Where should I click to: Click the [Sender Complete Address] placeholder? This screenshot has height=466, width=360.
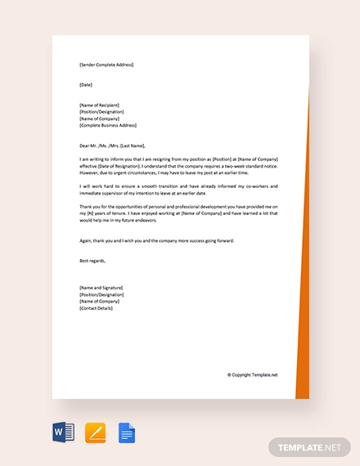pyautogui.click(x=106, y=65)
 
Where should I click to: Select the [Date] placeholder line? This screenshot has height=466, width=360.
pyautogui.click(x=86, y=84)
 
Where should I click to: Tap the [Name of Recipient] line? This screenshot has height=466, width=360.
pyautogui.click(x=101, y=105)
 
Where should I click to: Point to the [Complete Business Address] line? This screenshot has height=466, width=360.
pyautogui.click(x=108, y=125)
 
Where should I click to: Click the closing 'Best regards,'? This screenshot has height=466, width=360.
pyautogui.click(x=92, y=260)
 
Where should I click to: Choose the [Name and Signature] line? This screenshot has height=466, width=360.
pyautogui.click(x=101, y=288)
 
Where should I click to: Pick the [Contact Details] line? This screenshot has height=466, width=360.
pyautogui.click(x=97, y=308)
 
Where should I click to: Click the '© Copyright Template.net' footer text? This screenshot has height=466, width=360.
pyautogui.click(x=253, y=375)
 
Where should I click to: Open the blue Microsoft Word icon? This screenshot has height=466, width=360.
pyautogui.click(x=63, y=432)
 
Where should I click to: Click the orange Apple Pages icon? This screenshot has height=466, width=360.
pyautogui.click(x=95, y=432)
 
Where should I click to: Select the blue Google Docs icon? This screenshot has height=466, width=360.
pyautogui.click(x=126, y=432)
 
